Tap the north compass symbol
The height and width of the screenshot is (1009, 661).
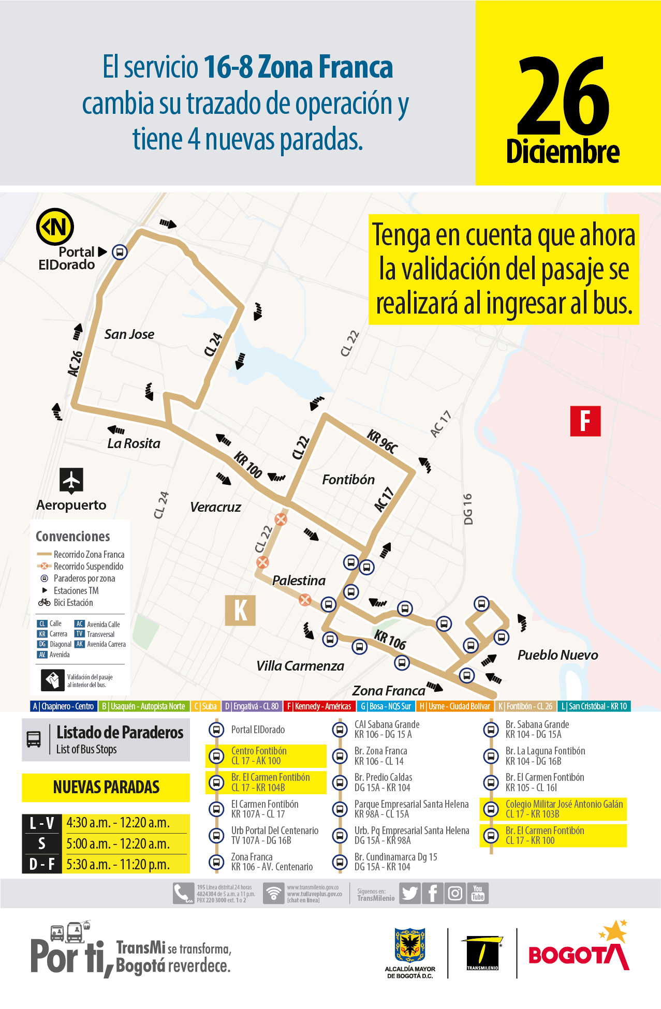55,227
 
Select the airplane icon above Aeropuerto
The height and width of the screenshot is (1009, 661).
71,480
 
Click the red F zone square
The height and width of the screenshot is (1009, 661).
585,421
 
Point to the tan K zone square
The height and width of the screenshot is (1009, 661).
240,610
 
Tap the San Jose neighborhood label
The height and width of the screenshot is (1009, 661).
129,334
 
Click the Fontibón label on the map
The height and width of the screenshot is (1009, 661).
348,480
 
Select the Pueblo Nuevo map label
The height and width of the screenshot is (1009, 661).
557,655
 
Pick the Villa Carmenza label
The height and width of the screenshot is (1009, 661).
300,666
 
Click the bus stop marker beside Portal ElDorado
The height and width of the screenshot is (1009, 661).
120,252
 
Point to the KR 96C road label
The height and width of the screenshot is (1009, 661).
383,441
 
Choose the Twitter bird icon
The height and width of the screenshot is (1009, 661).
410,894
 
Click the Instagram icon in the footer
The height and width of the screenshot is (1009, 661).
455,894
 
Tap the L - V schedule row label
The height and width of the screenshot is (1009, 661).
42,823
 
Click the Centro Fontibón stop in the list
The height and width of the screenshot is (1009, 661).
259,756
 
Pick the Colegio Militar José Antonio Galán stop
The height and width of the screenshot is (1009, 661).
564,809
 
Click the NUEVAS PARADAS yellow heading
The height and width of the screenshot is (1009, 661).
106,787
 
